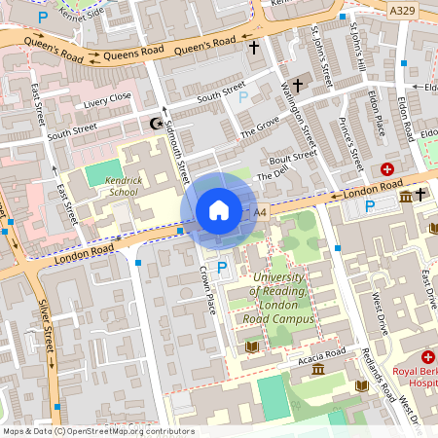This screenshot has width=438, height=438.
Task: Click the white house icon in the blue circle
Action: [x=219, y=210]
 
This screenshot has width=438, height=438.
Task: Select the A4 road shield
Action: [x=259, y=211]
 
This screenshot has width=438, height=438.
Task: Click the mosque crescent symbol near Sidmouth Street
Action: [x=154, y=124]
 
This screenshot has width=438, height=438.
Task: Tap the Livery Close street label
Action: [x=107, y=98]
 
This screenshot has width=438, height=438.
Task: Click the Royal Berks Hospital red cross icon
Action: [x=427, y=358]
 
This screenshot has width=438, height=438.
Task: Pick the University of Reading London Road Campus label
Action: [x=282, y=298]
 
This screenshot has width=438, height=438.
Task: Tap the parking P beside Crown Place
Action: [x=222, y=267]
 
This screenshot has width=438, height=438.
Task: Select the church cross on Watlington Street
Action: [x=298, y=86]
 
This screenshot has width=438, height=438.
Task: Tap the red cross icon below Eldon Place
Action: [x=386, y=168]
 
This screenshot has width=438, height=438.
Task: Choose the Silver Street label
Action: [x=48, y=327]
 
